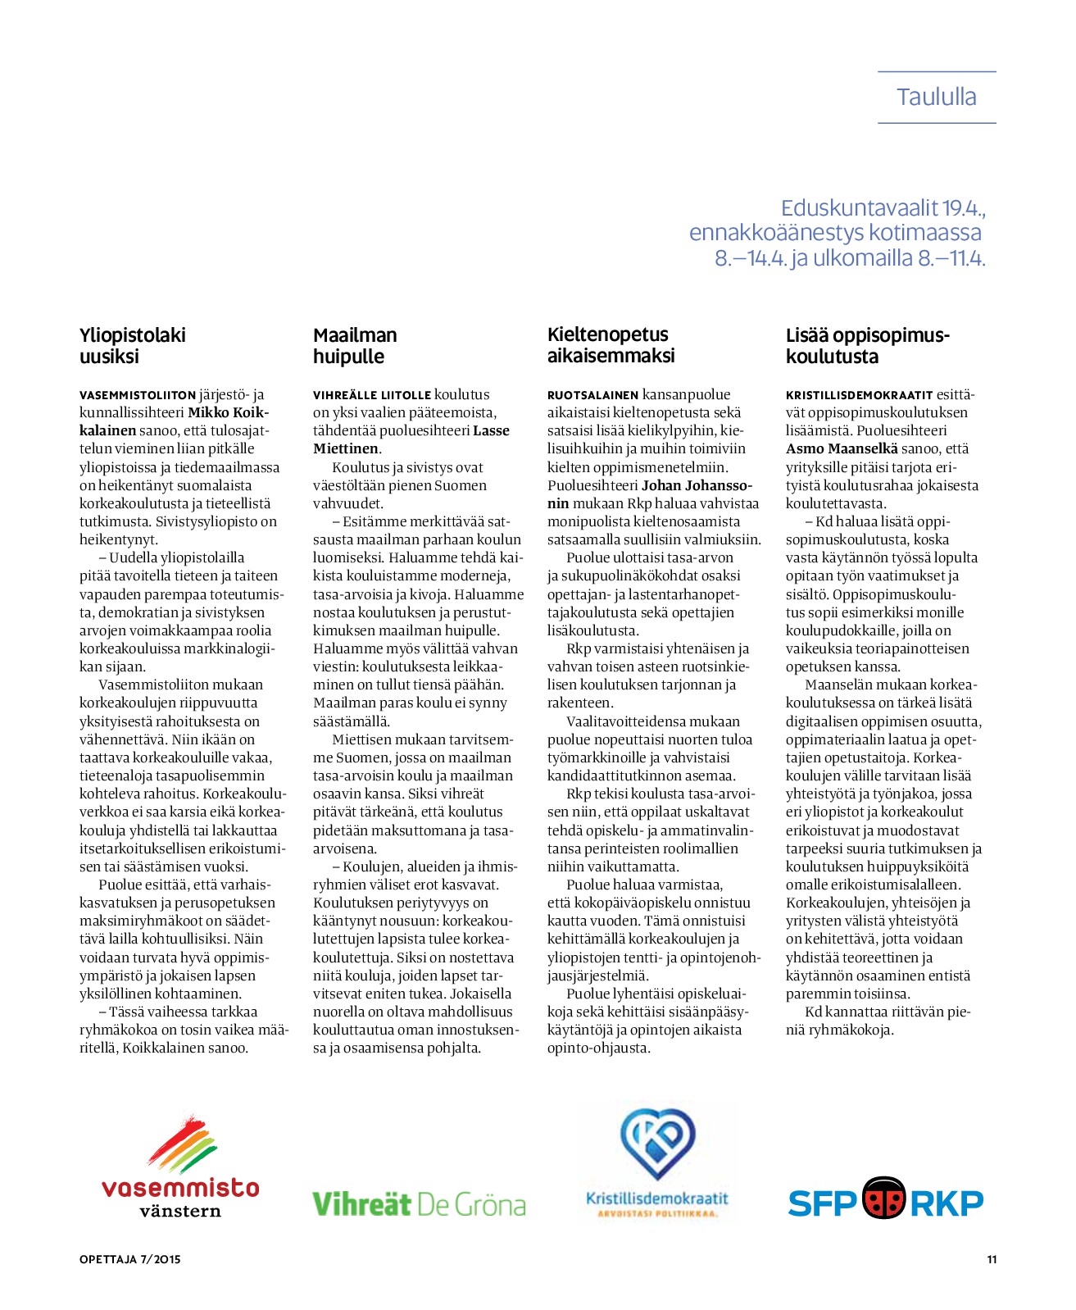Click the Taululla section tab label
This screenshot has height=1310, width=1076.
(x=936, y=98)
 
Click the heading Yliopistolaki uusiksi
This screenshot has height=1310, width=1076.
(x=132, y=346)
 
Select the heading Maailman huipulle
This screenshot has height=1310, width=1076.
(x=355, y=346)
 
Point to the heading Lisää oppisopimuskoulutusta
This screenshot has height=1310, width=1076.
(x=867, y=346)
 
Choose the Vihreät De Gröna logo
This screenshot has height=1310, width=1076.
(x=419, y=1204)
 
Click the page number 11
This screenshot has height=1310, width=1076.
(x=992, y=1260)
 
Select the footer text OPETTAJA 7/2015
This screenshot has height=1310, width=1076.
(x=129, y=1260)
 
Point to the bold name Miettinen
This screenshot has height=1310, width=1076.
(x=345, y=449)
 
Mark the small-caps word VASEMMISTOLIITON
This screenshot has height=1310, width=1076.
(x=138, y=395)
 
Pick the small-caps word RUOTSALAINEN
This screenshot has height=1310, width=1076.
(x=592, y=395)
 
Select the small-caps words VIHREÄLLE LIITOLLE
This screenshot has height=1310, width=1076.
(x=372, y=395)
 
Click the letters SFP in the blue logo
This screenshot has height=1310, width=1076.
(x=822, y=1203)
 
